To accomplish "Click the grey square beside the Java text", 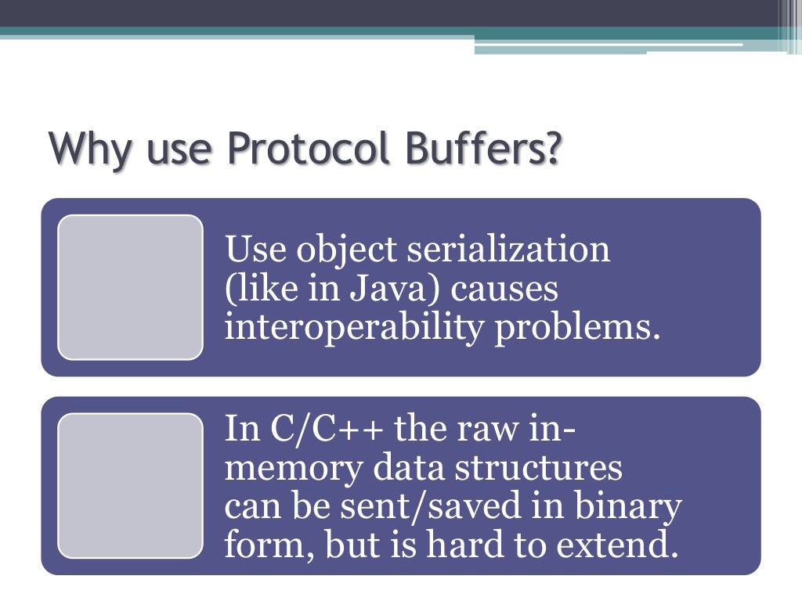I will pos(130,287).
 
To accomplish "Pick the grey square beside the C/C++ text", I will pos(130,485).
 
